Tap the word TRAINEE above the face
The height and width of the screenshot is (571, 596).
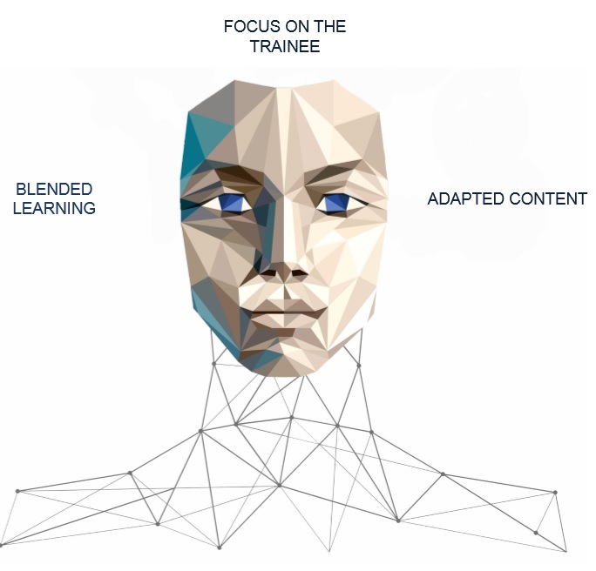click(x=285, y=46)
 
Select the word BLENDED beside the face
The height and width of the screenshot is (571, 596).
click(x=54, y=189)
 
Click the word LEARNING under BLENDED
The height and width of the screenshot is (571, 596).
click(x=54, y=208)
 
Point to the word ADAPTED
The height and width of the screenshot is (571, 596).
click(x=466, y=199)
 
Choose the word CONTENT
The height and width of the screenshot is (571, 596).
click(x=548, y=199)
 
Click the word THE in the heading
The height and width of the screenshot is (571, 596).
click(x=330, y=27)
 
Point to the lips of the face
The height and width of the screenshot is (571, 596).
click(x=288, y=312)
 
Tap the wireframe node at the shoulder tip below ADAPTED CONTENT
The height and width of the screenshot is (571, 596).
click(x=555, y=493)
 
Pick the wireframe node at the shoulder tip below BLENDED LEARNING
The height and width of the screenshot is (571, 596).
click(x=17, y=491)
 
